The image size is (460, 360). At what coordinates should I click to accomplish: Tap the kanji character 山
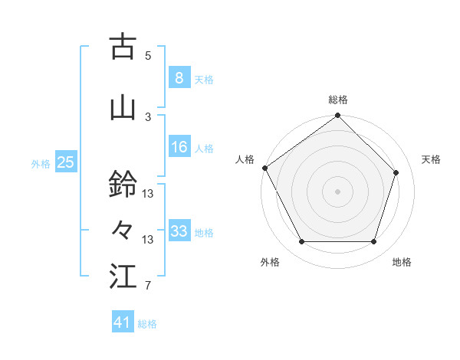(123, 108)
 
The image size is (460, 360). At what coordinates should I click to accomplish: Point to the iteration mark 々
(123, 231)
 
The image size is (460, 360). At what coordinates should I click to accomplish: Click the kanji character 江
(123, 277)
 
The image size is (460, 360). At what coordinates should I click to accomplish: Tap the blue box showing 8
(179, 77)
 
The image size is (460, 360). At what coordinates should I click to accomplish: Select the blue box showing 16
(179, 147)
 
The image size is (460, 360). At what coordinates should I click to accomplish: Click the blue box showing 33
(179, 231)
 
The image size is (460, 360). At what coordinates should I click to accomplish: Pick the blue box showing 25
(65, 162)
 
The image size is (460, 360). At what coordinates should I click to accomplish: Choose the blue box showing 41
(123, 322)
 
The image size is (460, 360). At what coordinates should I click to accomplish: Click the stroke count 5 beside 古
(148, 55)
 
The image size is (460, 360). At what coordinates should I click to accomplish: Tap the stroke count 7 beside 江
(148, 286)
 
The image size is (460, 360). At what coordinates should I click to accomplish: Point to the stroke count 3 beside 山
(148, 116)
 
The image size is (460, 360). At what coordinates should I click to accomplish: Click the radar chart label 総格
(337, 100)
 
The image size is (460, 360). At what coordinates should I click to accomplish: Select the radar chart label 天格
(432, 159)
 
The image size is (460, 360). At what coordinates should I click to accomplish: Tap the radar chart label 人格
(245, 159)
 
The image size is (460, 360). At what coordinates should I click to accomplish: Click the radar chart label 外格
(270, 262)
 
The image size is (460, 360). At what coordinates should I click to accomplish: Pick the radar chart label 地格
(402, 262)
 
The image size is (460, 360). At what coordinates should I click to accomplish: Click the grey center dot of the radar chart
(337, 191)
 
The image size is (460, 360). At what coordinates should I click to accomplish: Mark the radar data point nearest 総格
(337, 116)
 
